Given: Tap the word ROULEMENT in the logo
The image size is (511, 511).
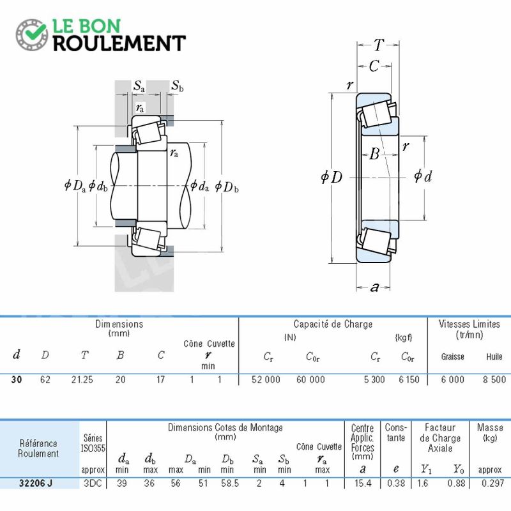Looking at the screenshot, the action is coord(119,43).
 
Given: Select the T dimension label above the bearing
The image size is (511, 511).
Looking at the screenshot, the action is coord(379,45).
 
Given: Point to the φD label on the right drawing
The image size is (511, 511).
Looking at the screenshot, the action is coord(332,178).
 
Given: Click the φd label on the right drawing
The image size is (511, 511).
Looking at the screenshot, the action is coord(423,176).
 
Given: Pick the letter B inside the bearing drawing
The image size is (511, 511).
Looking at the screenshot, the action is coord(375,153).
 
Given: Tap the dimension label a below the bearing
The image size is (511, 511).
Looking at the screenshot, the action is coord(375,287).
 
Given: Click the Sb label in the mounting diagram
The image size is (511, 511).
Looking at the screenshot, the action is coord(178,86).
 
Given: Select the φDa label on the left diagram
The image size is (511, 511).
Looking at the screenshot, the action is coord(75,186).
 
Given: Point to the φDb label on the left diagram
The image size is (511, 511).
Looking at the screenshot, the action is coord(227,187).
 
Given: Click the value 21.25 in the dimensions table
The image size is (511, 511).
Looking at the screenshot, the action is coord(82,379).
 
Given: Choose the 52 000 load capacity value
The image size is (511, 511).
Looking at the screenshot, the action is coord(266,379).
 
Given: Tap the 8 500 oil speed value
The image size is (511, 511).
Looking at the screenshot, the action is coord(494,379).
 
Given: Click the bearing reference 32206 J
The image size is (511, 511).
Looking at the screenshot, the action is coord(36,483).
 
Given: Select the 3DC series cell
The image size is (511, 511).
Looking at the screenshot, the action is coord(93,483).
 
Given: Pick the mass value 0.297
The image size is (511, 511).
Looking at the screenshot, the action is coord(492,483).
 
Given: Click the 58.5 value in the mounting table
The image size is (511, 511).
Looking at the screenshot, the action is coord(230,483).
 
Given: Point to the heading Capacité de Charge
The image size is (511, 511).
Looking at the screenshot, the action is coord(333,324).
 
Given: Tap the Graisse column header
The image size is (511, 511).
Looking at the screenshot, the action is coord(453,357).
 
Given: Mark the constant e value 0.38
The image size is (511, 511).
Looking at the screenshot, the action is coord(396,483).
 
